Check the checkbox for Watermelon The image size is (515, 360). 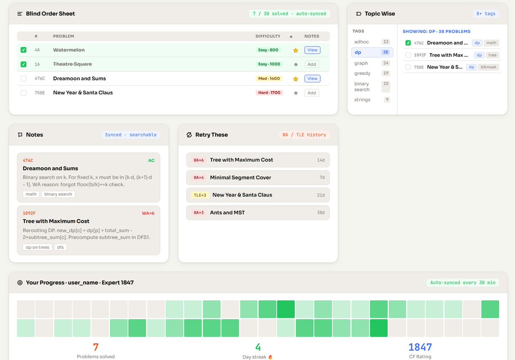pyautogui.click(x=24, y=50)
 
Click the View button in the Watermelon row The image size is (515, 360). pyautogui.click(x=312, y=50)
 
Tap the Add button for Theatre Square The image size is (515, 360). pyautogui.click(x=312, y=64)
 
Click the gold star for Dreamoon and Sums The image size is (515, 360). pyautogui.click(x=296, y=79)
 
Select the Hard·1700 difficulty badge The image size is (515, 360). pyautogui.click(x=269, y=93)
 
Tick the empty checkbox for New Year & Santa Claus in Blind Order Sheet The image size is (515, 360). pyautogui.click(x=24, y=93)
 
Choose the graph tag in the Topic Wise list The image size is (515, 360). pyautogui.click(x=361, y=63)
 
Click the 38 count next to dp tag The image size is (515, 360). pyautogui.click(x=385, y=52)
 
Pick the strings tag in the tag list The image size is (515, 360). pyautogui.click(x=362, y=100)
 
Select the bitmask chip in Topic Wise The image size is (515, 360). pyautogui.click(x=488, y=67)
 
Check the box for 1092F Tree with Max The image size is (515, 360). pyautogui.click(x=408, y=55)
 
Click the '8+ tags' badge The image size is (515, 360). pyautogui.click(x=486, y=14)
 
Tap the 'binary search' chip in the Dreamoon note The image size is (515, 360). pyautogui.click(x=58, y=194)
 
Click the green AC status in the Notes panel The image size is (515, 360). pyautogui.click(x=151, y=160)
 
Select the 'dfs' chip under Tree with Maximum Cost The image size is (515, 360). pyautogui.click(x=60, y=247)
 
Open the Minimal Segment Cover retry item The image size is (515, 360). pyautogui.click(x=258, y=178)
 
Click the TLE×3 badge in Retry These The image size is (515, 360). pyautogui.click(x=200, y=195)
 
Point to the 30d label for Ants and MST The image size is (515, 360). pyautogui.click(x=321, y=213)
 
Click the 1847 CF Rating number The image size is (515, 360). pyautogui.click(x=420, y=347)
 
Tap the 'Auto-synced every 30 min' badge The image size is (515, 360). pyautogui.click(x=463, y=282)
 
